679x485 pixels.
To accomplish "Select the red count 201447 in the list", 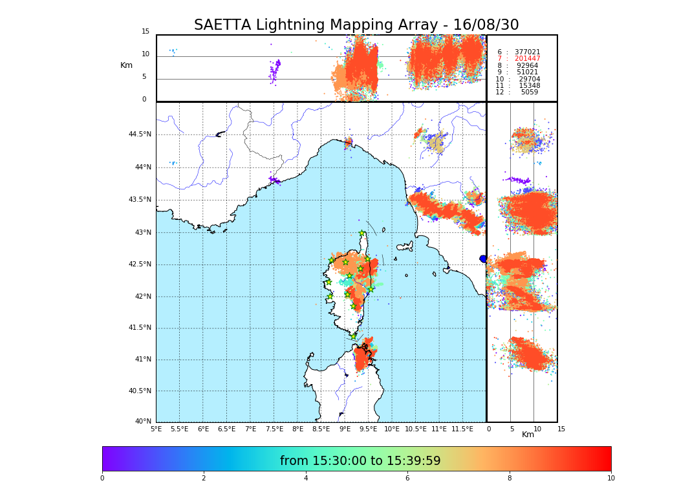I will click(527, 59).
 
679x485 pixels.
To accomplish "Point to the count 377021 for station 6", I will click(527, 52).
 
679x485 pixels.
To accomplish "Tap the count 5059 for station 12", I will click(529, 92).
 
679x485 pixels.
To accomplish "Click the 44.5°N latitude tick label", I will click(139, 135).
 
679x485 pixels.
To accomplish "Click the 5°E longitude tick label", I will click(156, 429).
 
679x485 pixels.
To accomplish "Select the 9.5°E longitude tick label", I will click(369, 429).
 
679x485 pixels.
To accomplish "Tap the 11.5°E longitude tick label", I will click(463, 429).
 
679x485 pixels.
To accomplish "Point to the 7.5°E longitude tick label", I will click(274, 429).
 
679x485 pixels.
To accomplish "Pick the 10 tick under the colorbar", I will click(610, 479).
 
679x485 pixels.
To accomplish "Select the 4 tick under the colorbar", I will click(306, 479).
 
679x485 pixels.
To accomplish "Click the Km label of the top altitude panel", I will click(126, 65).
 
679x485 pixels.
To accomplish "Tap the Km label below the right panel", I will click(528, 435).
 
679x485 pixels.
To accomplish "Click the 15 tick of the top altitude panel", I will click(145, 32).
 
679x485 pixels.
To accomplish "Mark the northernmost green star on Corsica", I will click(362, 233).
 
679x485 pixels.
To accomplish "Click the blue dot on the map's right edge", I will click(483, 259).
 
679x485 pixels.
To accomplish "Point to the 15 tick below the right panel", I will click(561, 429).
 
